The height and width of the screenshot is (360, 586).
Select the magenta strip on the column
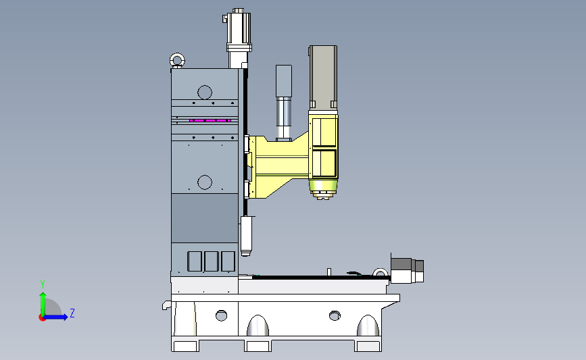(x=210, y=121)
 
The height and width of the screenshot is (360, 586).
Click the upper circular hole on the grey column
(x=205, y=93)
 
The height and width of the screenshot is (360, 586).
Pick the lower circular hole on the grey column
(x=205, y=182)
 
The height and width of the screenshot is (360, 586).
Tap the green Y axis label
(x=43, y=284)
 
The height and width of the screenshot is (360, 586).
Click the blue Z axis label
(x=72, y=313)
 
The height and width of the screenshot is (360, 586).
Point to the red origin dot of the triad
(x=42, y=318)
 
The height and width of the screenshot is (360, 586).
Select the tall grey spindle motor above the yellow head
(x=323, y=77)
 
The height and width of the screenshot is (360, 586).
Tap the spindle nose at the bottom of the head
(x=323, y=190)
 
